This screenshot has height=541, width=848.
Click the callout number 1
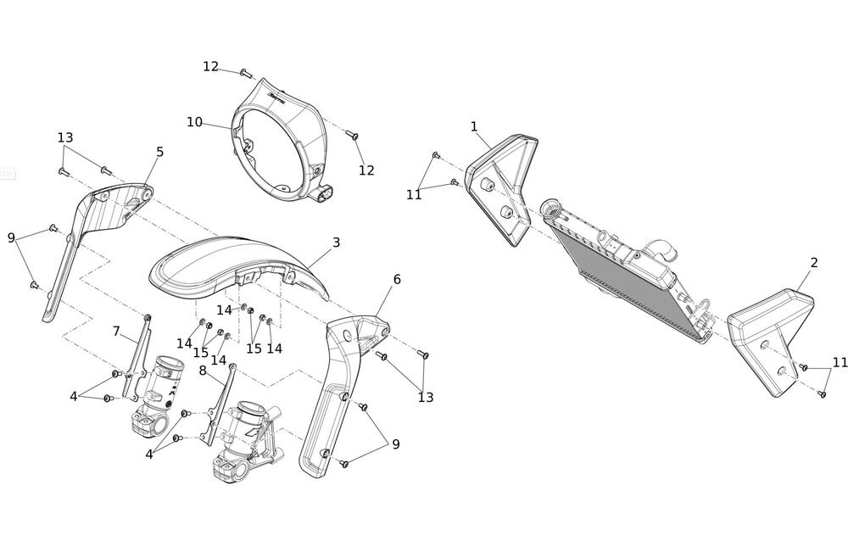[474, 126]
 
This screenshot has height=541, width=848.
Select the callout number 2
[814, 263]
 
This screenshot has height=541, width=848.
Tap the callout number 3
[337, 243]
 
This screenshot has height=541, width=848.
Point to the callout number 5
[159, 152]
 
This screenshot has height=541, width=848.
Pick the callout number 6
[397, 279]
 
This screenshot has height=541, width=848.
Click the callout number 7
[118, 330]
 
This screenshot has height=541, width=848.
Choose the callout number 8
[203, 370]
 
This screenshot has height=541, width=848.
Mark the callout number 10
[194, 122]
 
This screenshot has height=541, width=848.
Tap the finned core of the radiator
[619, 271]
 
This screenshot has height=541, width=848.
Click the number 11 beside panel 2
[840, 362]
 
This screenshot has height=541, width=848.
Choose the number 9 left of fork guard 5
[12, 238]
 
